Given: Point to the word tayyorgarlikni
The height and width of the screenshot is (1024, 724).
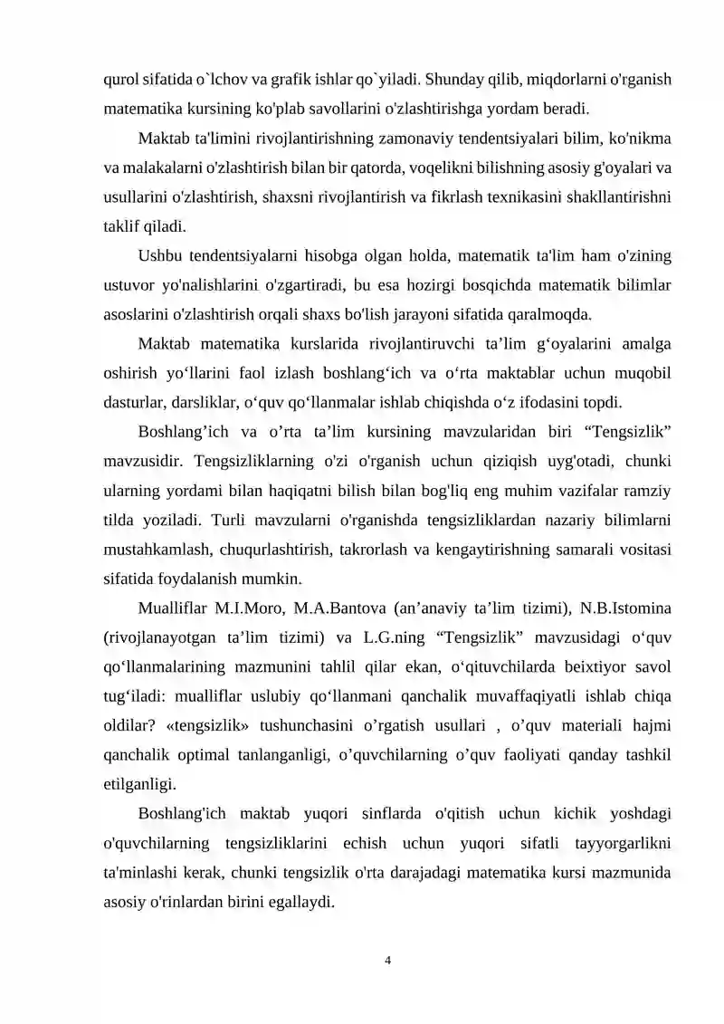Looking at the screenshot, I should click(x=622, y=843).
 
